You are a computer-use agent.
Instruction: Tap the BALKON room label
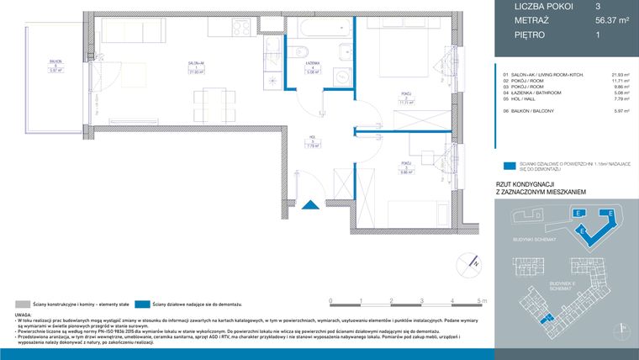[55, 61]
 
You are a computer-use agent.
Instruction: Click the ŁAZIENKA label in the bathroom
[312, 64]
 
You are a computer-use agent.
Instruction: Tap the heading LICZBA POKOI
[543, 6]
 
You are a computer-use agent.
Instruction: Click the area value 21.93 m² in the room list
[621, 74]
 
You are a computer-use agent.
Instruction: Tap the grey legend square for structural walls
[21, 303]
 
